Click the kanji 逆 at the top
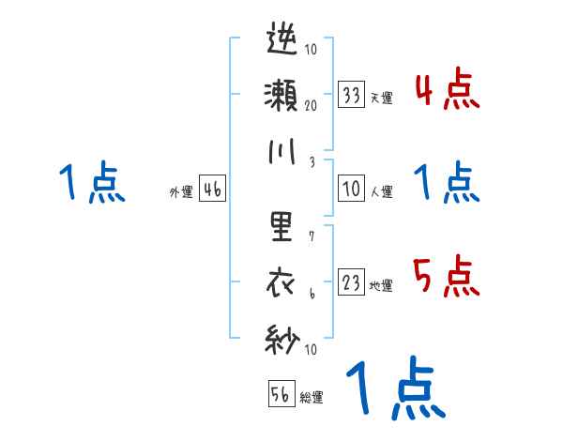(x=282, y=41)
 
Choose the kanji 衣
(x=282, y=281)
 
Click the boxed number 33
(x=352, y=94)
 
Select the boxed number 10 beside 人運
(x=352, y=189)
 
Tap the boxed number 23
(x=352, y=282)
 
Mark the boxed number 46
(x=212, y=189)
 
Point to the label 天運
(x=381, y=98)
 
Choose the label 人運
(x=381, y=191)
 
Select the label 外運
(x=181, y=191)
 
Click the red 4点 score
(x=446, y=91)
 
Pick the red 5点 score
(x=446, y=277)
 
